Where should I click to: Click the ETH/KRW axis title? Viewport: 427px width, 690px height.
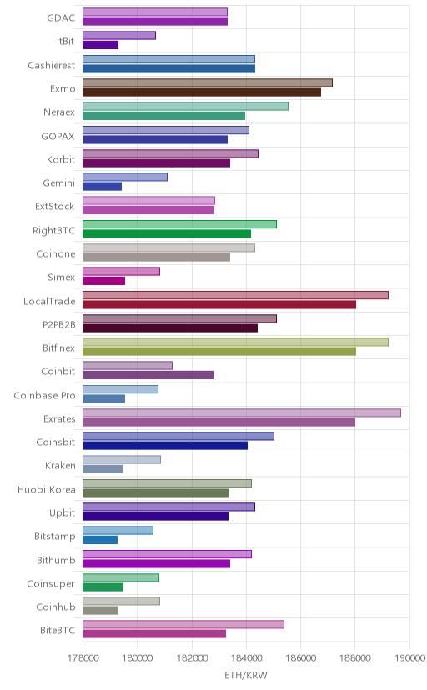click(246, 676)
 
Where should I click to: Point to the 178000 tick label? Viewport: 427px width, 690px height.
click(83, 658)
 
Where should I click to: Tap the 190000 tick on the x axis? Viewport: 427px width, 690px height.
click(409, 658)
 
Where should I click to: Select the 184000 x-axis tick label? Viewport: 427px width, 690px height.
click(246, 658)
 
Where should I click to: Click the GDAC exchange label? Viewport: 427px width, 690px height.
click(61, 18)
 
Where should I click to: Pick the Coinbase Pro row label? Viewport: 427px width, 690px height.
click(44, 396)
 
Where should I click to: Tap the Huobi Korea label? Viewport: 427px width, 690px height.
click(47, 490)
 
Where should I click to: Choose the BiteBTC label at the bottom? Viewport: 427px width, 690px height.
click(58, 631)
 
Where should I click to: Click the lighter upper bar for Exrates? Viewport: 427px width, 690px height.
click(242, 412)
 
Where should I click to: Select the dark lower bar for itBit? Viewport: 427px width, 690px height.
click(100, 45)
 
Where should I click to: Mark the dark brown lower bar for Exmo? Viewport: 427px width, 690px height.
click(202, 92)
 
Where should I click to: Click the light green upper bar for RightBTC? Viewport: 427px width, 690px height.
click(179, 224)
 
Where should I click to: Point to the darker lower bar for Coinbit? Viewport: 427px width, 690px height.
click(148, 375)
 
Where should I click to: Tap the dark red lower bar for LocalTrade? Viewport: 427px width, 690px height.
click(219, 304)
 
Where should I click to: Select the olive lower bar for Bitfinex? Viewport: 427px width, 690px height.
click(219, 351)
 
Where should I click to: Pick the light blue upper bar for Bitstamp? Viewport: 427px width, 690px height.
click(118, 530)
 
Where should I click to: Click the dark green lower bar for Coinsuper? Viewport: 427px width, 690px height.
click(103, 587)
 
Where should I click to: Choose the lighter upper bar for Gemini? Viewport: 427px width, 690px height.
click(125, 177)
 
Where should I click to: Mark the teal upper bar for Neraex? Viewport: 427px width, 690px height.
click(185, 106)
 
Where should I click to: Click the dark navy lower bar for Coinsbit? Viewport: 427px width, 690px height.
click(165, 446)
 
